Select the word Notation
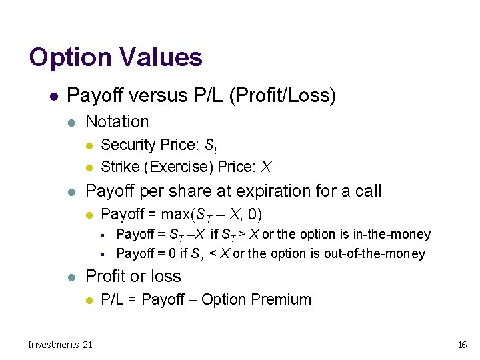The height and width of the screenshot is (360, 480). (x=117, y=121)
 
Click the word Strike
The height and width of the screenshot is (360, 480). (x=116, y=166)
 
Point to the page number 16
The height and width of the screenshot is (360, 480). (x=461, y=345)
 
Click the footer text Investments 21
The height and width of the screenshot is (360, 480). (x=60, y=345)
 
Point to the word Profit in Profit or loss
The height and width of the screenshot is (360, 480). (x=105, y=277)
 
